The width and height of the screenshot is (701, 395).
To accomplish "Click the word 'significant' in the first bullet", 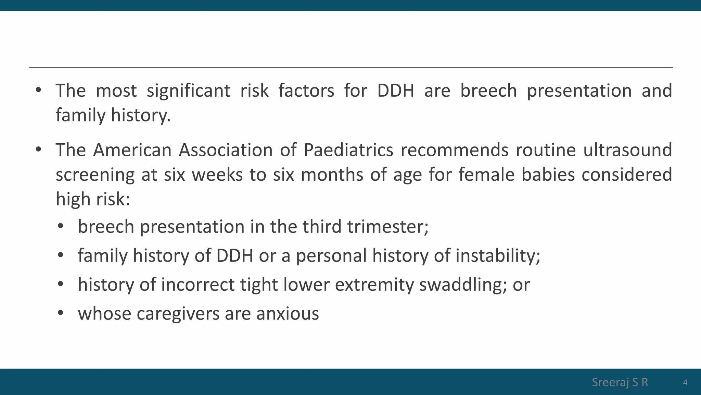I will (x=188, y=91).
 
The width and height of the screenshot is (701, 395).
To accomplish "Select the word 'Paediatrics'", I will (x=348, y=151).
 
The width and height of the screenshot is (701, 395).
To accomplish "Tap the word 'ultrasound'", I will (x=627, y=151).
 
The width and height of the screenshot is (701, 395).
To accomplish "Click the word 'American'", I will (x=132, y=151).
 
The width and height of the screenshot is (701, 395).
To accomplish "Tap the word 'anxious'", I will (x=287, y=314).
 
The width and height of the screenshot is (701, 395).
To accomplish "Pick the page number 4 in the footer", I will (x=685, y=382).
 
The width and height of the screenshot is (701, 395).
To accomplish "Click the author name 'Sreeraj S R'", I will (x=620, y=382).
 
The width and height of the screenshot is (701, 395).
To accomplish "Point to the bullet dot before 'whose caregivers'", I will (x=61, y=313).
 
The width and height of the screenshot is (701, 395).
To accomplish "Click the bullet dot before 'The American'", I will (x=38, y=149).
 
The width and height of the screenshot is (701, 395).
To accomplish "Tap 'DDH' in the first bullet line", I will (x=395, y=91).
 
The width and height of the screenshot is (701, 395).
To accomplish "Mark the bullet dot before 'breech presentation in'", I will (x=61, y=226).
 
